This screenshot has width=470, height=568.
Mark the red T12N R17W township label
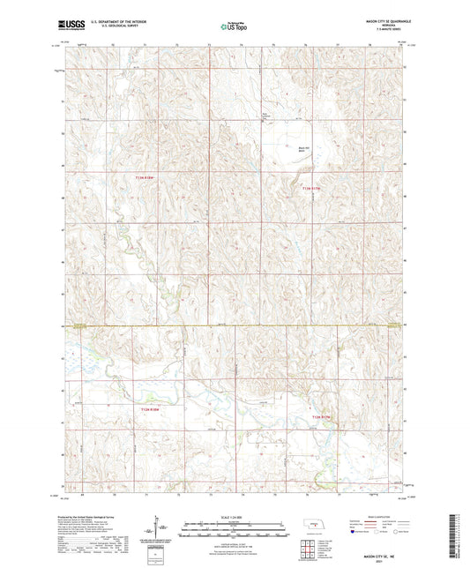[320, 415]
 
